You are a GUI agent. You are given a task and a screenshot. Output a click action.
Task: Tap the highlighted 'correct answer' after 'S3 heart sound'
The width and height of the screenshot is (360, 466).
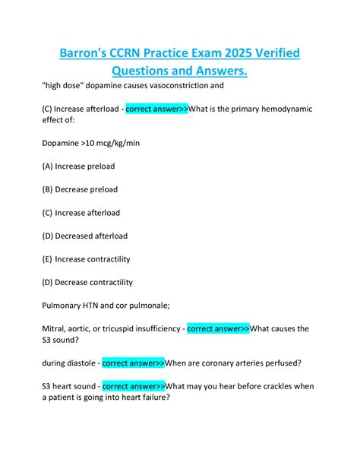134,386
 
